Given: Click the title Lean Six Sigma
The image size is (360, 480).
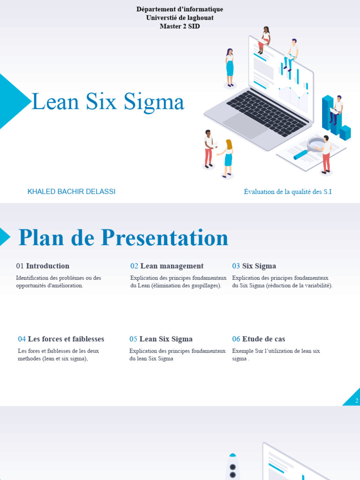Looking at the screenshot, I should tap(108, 102).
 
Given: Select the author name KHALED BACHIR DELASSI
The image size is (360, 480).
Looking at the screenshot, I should tap(71, 192).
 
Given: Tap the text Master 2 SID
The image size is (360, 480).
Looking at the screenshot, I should tap(180, 26).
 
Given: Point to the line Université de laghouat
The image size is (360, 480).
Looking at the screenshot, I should tap(180, 18).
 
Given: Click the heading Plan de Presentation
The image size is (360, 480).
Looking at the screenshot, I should tap(123, 238).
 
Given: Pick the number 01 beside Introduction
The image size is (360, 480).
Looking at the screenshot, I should tap(20, 266).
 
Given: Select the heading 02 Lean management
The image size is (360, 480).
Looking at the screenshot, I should tap(167, 266).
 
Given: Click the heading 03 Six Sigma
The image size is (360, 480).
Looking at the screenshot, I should tap(254, 266).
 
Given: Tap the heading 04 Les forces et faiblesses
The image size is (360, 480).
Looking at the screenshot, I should tap(61, 339).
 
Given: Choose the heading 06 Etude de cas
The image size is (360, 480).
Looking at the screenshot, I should tap(258, 339).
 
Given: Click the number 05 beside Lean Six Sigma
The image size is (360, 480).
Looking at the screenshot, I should tap(134, 339).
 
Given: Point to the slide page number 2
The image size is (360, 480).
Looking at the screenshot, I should tap(357, 400).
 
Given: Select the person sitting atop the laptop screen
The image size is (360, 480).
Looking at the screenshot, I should tap(264, 40).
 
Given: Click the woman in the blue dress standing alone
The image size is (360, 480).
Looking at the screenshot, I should tap(230, 67).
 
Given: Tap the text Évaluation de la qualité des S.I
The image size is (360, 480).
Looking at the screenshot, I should tap(288, 192).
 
